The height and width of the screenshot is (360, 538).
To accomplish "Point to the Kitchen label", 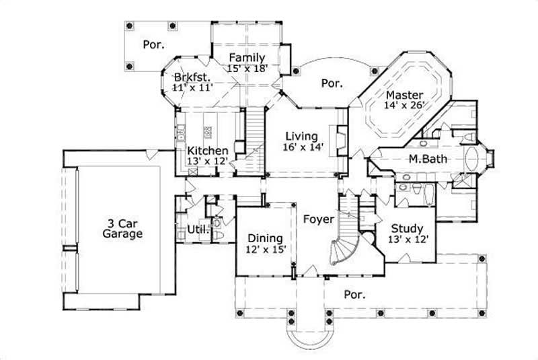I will click(207, 150).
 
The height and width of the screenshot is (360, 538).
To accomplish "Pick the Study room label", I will click(406, 228).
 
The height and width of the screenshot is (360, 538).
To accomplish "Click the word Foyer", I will click(316, 219).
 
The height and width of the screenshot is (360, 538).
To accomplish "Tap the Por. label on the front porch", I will click(354, 294).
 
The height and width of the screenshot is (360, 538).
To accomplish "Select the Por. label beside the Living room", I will click(332, 83).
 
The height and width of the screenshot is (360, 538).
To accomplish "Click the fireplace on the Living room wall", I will click(342, 140).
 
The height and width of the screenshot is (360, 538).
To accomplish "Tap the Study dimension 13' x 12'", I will click(406, 239).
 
